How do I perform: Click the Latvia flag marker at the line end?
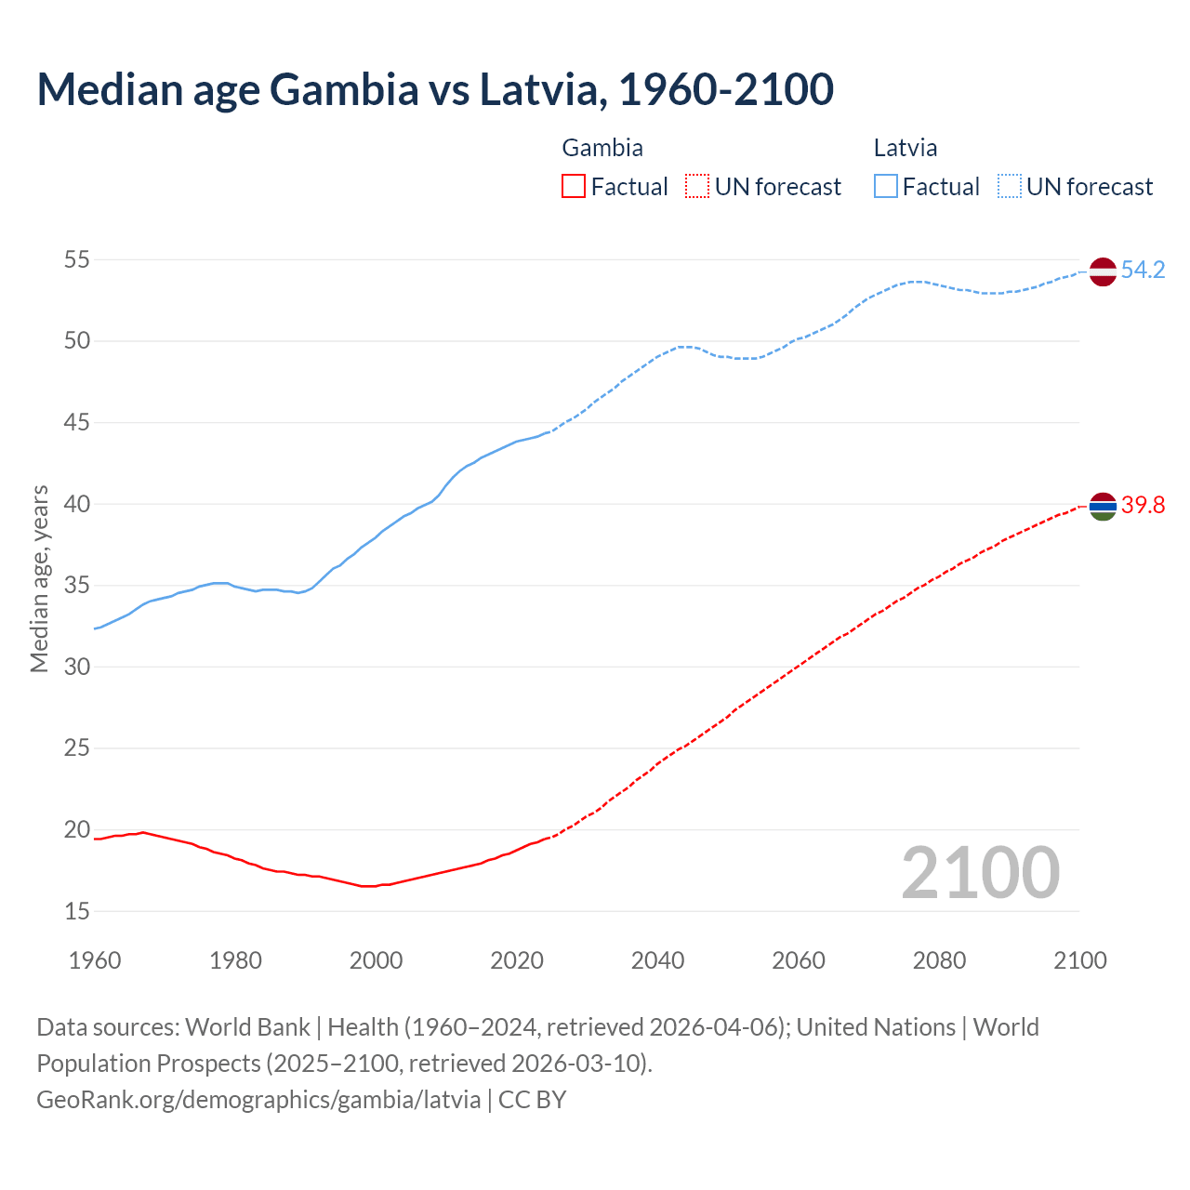click(x=1102, y=271)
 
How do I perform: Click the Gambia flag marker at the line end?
click(x=1102, y=506)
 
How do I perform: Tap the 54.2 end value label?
click(x=1143, y=271)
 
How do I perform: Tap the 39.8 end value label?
click(x=1143, y=506)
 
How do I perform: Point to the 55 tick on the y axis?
click(x=77, y=259)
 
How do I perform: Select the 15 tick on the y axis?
click(x=77, y=911)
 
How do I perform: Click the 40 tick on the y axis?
click(x=77, y=504)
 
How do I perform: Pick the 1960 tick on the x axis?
click(x=95, y=960)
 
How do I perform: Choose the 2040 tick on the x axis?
click(x=657, y=960)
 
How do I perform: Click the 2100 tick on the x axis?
click(x=1079, y=960)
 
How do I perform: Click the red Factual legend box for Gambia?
click(x=574, y=187)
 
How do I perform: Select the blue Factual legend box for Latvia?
click(x=885, y=187)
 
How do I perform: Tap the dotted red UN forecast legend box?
click(x=697, y=187)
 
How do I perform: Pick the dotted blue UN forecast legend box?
click(x=1009, y=187)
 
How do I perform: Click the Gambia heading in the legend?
click(x=602, y=148)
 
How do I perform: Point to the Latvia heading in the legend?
click(x=905, y=148)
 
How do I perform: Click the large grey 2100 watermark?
click(x=980, y=872)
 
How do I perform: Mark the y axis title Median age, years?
click(x=39, y=578)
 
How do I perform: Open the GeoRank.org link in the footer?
click(x=258, y=1099)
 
